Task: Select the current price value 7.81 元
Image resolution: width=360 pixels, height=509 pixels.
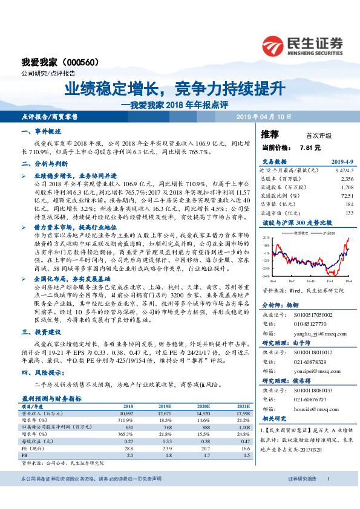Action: click(x=310, y=147)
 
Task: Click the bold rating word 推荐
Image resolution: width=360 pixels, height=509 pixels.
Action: click(x=270, y=134)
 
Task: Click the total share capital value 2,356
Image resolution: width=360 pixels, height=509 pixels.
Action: click(x=347, y=179)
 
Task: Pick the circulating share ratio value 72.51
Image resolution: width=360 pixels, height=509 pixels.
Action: click(x=347, y=196)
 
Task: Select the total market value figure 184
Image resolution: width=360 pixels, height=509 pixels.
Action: click(x=349, y=204)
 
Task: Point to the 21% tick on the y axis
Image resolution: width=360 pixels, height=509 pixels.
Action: click(x=266, y=238)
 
